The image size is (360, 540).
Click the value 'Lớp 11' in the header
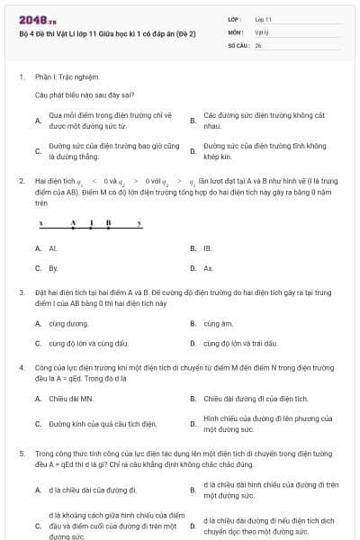(x=264, y=18)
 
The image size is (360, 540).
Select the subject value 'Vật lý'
(x=261, y=31)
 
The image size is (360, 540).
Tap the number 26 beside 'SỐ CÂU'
(x=258, y=44)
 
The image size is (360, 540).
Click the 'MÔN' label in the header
(x=236, y=31)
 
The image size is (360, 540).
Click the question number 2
(x=21, y=181)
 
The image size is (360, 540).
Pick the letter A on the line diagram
(x=73, y=222)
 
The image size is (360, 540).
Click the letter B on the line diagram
(x=107, y=222)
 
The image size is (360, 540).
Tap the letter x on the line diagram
(x=40, y=222)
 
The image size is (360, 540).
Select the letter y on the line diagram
(x=139, y=222)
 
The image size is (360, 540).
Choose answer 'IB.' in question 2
(x=208, y=248)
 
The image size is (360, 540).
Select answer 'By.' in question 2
(x=53, y=268)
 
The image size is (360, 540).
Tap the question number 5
(x=21, y=454)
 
